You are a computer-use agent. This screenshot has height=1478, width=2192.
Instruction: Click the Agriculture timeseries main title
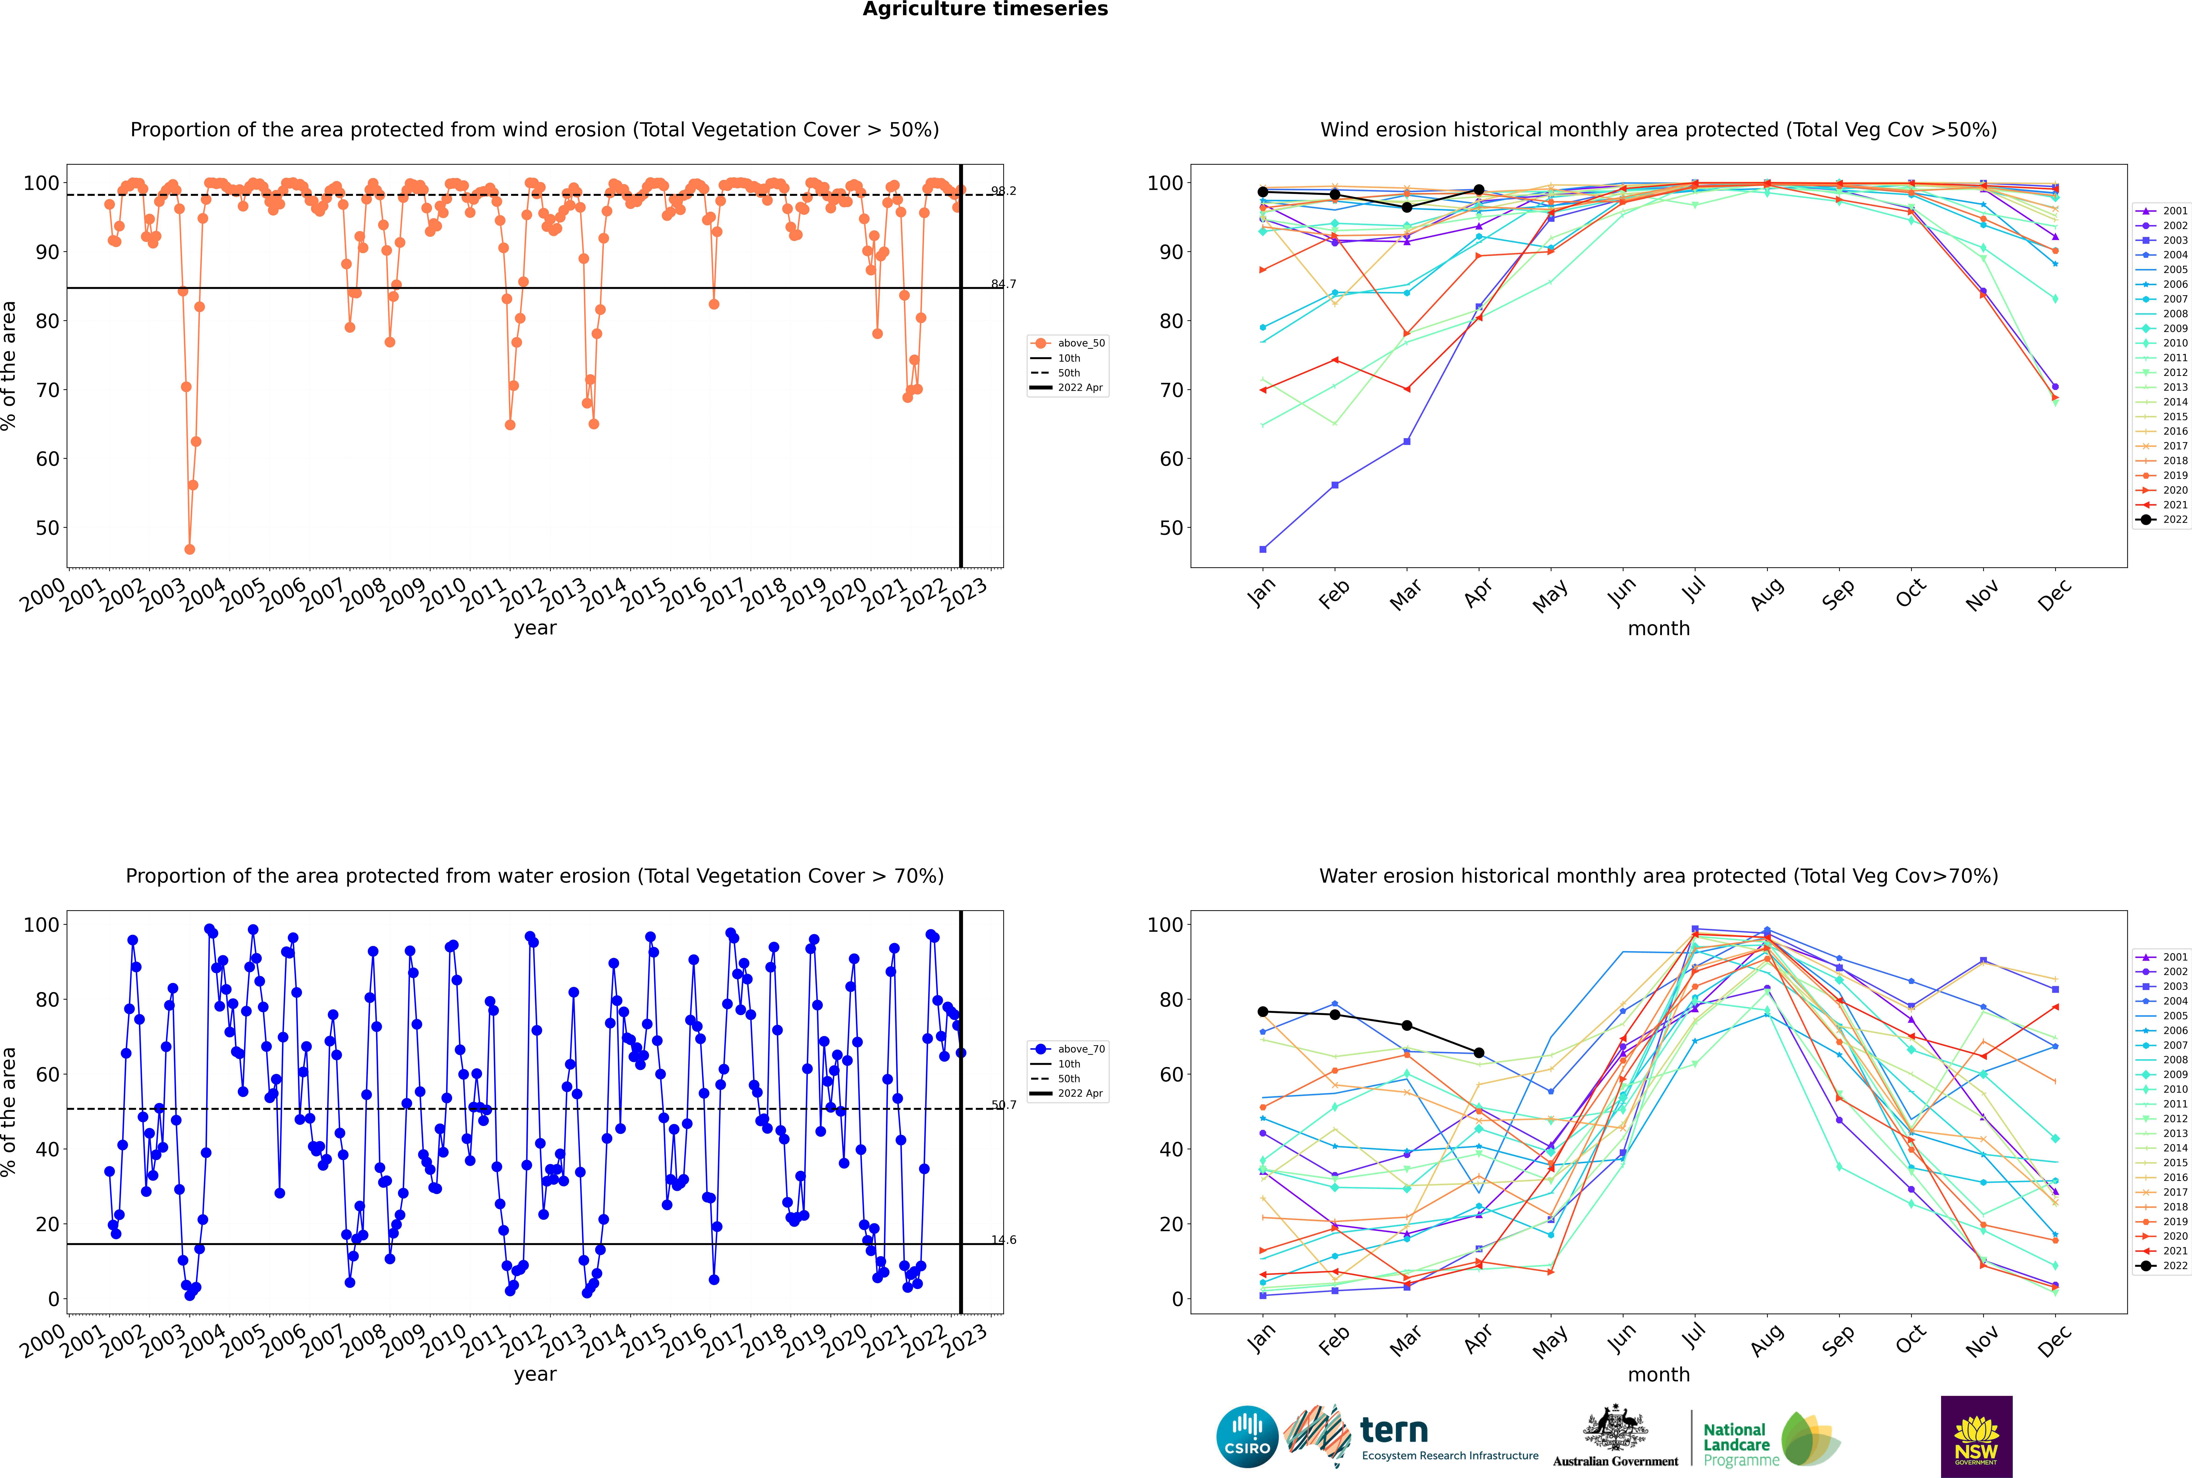(x=985, y=9)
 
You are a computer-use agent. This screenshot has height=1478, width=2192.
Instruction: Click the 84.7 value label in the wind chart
(x=1003, y=284)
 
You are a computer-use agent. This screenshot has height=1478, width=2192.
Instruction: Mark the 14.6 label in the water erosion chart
(x=1003, y=1240)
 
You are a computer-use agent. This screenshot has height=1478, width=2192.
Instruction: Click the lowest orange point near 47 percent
(x=189, y=550)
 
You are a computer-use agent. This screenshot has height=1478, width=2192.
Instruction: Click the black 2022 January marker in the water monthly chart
(x=1263, y=1011)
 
